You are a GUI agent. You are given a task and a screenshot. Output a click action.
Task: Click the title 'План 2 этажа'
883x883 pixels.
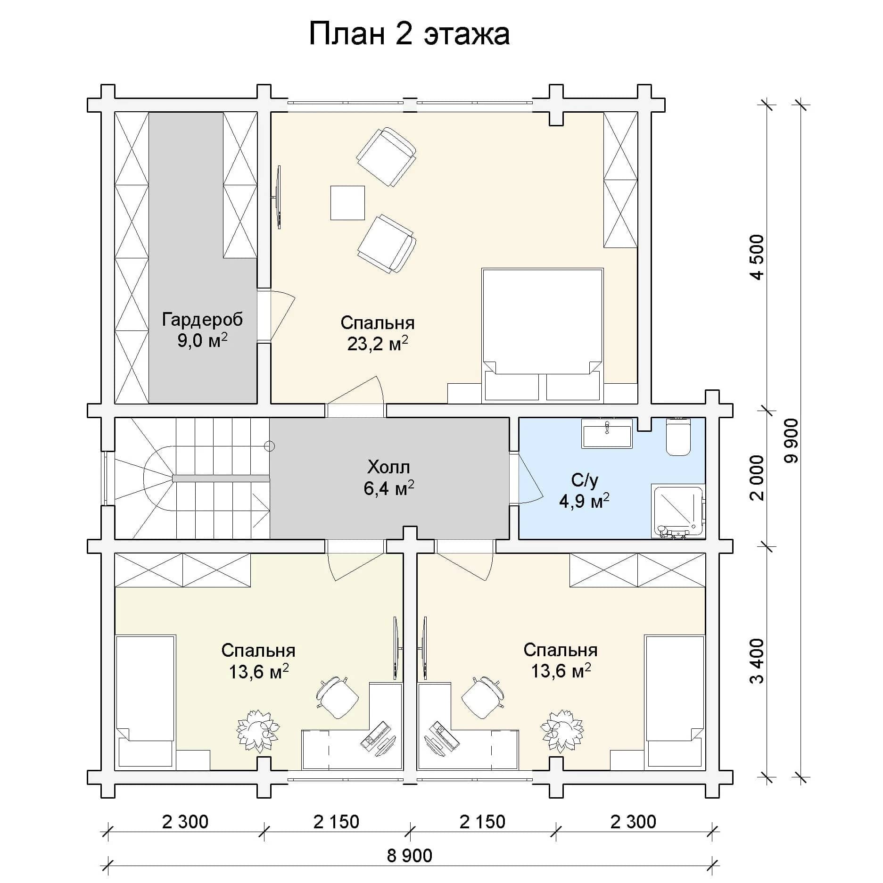[x=409, y=34]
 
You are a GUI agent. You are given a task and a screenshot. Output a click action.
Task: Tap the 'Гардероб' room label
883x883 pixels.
[x=203, y=320]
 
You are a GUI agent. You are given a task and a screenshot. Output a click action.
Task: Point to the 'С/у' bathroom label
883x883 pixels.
[x=585, y=480]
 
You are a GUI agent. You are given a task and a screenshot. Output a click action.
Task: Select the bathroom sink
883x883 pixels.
[x=607, y=433]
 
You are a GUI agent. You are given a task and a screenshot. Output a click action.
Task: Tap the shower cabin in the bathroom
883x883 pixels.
[x=678, y=511]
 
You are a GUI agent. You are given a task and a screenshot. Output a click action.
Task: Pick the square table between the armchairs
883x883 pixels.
[x=347, y=203]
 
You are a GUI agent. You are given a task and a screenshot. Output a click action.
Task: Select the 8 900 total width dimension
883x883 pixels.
[x=409, y=855]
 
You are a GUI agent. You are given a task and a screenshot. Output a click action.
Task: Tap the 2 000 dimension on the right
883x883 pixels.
[x=758, y=478]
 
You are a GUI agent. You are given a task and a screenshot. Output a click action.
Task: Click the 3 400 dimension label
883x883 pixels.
[x=758, y=660]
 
